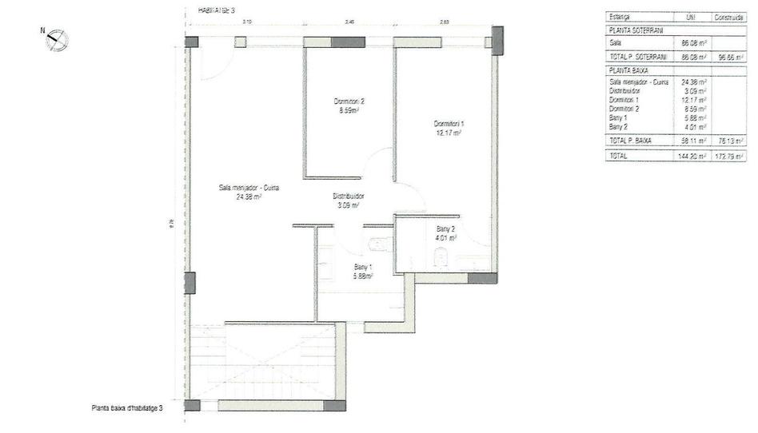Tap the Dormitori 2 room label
(349, 105)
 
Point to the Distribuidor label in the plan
(349, 200)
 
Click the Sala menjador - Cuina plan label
(249, 192)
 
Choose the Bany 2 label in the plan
(445, 232)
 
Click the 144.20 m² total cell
(692, 157)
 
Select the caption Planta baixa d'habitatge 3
(127, 408)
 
